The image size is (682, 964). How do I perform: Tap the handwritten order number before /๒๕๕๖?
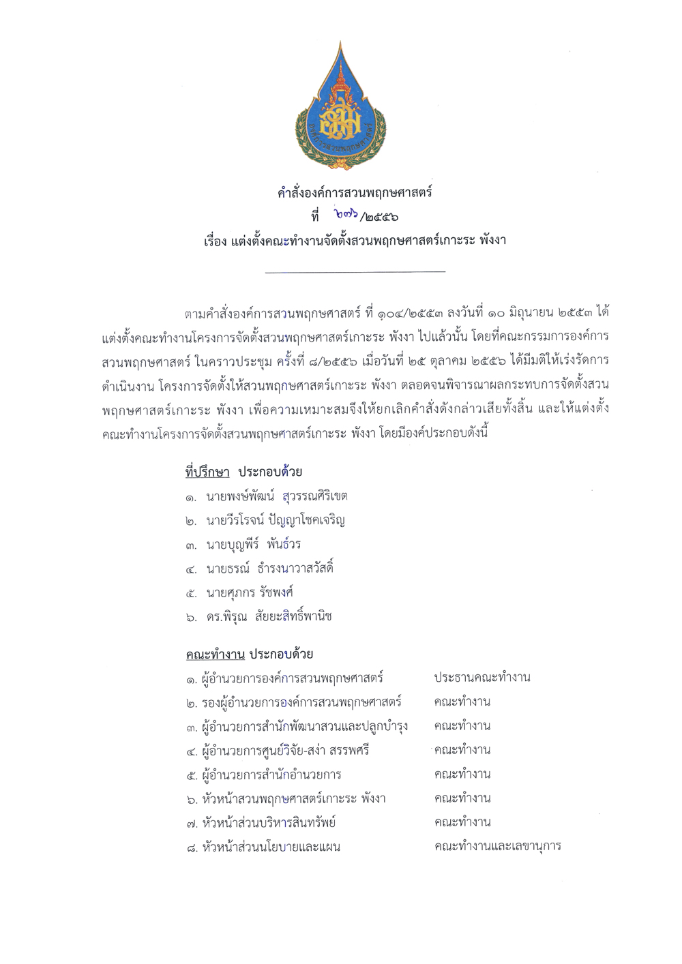349,216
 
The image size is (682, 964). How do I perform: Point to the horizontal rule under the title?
355,272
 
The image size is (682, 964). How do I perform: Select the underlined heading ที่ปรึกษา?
207,472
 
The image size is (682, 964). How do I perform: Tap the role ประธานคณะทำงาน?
482,678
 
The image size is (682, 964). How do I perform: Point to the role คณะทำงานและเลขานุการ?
497,847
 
